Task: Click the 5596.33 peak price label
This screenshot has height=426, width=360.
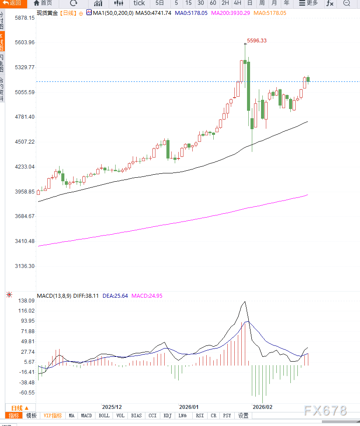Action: (x=257, y=41)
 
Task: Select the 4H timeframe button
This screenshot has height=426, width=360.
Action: (x=237, y=3)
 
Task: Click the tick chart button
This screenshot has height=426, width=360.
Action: (x=139, y=3)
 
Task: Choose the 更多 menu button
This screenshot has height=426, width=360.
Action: (x=308, y=3)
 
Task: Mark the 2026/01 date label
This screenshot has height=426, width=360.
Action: (x=189, y=407)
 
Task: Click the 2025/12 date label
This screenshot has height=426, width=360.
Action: (x=112, y=407)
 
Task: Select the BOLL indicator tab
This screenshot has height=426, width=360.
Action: (x=104, y=415)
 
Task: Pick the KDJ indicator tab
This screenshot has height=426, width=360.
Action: (x=167, y=415)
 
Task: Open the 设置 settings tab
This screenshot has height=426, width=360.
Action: (x=243, y=415)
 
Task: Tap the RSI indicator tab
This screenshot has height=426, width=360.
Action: (x=200, y=415)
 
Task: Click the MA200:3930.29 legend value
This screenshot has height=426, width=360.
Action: (x=230, y=13)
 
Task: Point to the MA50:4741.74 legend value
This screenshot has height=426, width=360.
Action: (x=153, y=13)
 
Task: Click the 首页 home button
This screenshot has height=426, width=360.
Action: (x=43, y=3)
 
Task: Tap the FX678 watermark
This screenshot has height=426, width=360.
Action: (x=325, y=411)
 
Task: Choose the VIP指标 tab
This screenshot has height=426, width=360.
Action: (x=53, y=415)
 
